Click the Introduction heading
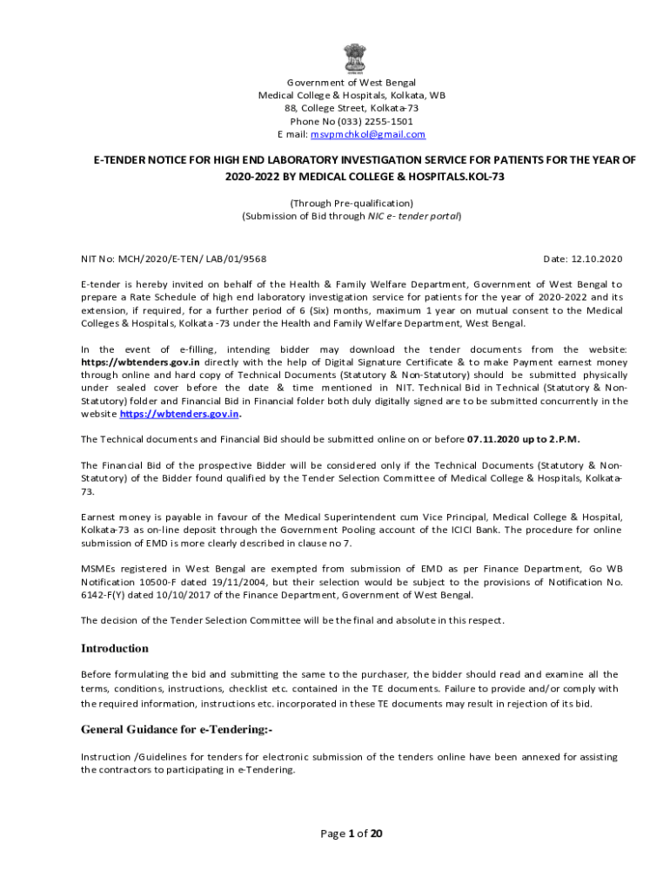coord(115,649)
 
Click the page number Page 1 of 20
coord(352,834)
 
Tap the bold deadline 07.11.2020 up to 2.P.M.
coord(524,439)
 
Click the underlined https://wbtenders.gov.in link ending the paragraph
coord(178,415)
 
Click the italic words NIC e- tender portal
coord(413,216)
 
